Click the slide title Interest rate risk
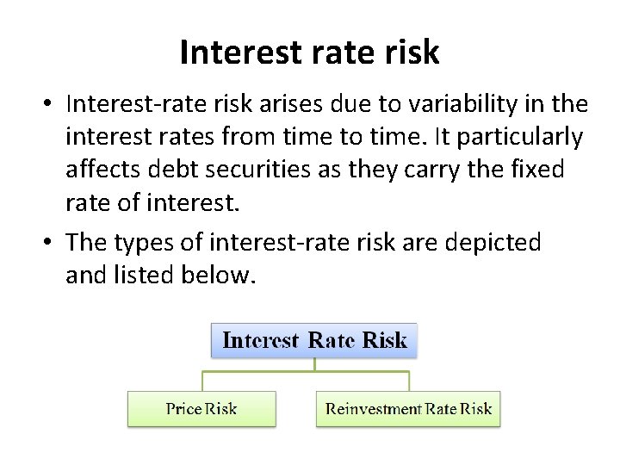(309, 53)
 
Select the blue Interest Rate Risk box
(314, 340)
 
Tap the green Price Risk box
(201, 409)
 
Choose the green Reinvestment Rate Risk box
(408, 409)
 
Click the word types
(152, 243)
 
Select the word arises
(288, 105)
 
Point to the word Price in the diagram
(183, 409)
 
